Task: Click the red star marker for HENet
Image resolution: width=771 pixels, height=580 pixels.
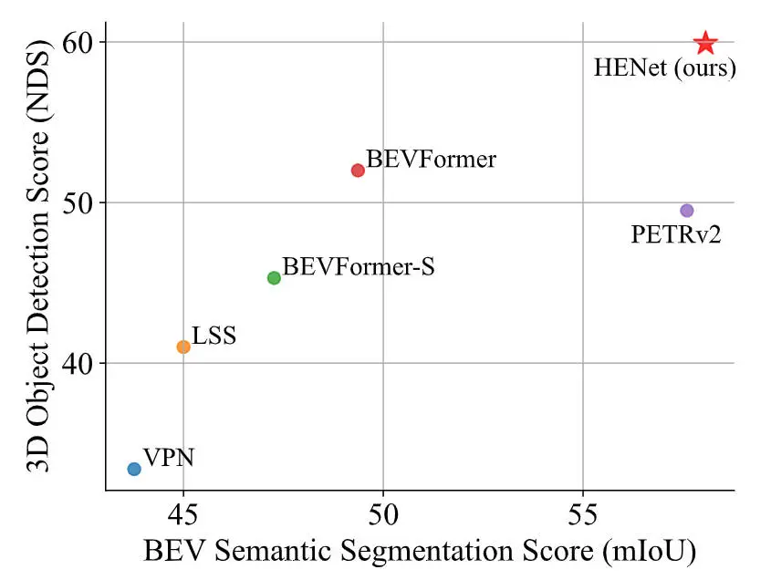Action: (705, 43)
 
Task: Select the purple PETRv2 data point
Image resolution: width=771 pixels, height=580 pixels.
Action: (687, 211)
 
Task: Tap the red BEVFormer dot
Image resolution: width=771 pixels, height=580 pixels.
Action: (358, 171)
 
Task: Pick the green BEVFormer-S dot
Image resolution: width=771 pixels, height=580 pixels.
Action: (274, 278)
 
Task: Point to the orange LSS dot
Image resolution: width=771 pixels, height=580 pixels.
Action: (183, 347)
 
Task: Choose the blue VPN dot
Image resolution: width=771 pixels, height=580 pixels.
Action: (134, 469)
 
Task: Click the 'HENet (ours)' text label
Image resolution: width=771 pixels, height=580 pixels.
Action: (664, 68)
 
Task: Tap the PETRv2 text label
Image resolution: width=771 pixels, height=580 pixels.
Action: (676, 235)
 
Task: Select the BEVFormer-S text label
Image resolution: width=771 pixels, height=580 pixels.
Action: (359, 267)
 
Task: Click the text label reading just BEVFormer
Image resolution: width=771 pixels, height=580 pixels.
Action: (432, 160)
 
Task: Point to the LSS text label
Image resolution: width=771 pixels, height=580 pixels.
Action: (214, 336)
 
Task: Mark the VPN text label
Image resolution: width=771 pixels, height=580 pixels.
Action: (169, 457)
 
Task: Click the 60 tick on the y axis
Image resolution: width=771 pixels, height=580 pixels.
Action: (79, 43)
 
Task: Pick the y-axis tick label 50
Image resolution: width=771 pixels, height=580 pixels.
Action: (79, 202)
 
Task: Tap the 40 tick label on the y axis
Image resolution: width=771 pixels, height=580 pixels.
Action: (79, 363)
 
